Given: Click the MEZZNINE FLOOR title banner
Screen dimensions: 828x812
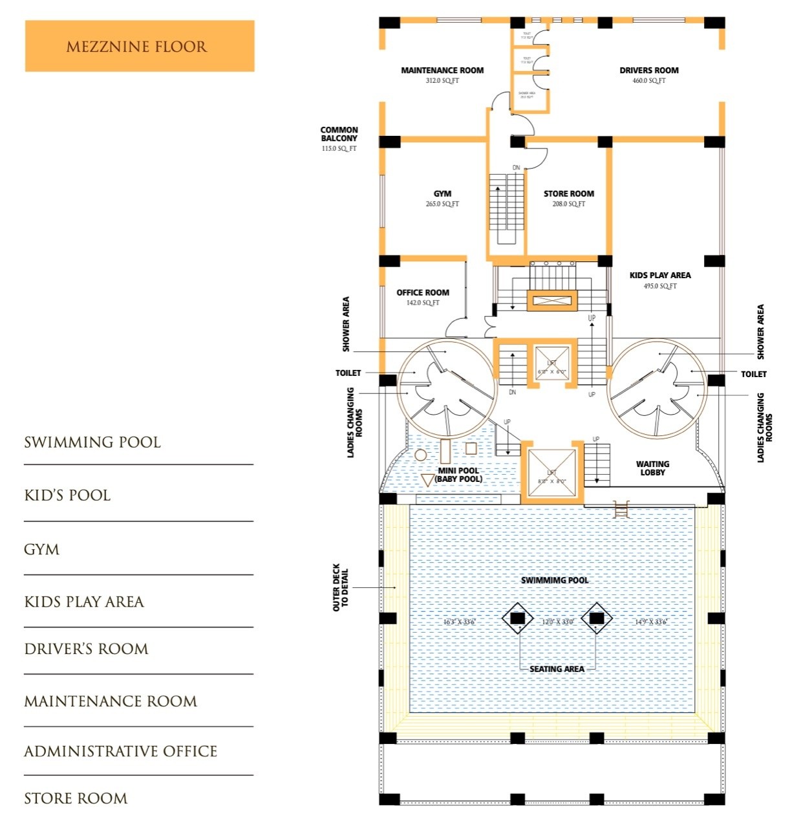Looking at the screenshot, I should point(139,46).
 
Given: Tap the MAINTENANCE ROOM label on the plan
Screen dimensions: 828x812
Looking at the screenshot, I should point(442,70).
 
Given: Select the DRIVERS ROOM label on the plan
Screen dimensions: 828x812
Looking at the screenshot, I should point(648,70).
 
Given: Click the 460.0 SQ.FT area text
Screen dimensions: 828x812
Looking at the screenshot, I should point(648,81).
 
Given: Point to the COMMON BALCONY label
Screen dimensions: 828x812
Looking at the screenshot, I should point(339,134).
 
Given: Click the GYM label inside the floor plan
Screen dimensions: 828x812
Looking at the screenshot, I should point(442,193).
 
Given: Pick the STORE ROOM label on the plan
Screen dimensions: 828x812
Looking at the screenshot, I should point(568,193).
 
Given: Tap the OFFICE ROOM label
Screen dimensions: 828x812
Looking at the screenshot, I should point(423,292).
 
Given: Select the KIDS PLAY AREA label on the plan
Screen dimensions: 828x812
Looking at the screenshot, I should point(660,275).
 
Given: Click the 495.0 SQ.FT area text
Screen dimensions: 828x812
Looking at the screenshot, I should point(660,286).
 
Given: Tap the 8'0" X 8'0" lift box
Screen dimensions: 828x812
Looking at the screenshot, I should point(551,473).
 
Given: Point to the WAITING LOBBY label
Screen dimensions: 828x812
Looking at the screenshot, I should point(652,468).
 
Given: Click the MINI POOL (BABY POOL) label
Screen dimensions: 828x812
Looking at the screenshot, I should point(458,475).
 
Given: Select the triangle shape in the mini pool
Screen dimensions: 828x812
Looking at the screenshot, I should point(428,480).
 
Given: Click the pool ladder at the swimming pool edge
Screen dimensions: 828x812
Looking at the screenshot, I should point(621,510).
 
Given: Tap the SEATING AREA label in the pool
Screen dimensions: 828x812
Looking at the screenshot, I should point(557,669).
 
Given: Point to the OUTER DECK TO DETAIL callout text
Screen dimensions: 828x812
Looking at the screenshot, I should point(341,587).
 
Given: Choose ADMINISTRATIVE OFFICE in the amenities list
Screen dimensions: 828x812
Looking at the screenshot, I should point(120,751).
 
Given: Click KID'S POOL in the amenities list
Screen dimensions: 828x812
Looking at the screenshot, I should point(67,496).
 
